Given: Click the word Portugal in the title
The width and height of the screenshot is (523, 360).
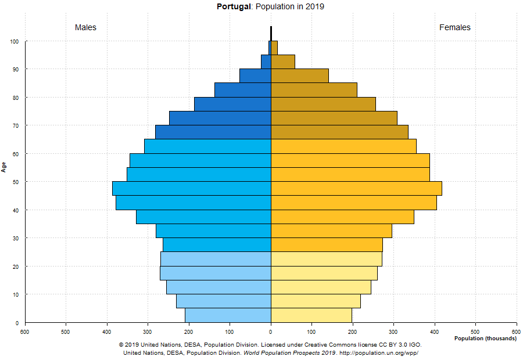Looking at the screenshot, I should coord(234,7).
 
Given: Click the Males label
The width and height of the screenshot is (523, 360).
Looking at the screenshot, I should coord(85,27).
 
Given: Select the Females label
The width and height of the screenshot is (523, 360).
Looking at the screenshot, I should coord(455,27).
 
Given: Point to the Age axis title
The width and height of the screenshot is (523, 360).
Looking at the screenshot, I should coord(4,167).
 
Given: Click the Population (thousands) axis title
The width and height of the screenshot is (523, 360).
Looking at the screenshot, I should coord(485,339).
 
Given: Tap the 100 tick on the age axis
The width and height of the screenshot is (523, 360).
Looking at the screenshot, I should coord(14,42).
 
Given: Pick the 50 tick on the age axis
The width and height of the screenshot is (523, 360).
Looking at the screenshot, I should coord(16,182).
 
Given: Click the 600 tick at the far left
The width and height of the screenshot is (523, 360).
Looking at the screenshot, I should coord(25,332).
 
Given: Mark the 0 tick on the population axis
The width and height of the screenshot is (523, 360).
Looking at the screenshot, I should coord(271,332).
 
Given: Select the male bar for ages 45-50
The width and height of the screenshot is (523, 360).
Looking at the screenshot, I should coord(192,189).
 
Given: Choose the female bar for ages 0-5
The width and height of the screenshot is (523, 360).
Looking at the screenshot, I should coord(311,315).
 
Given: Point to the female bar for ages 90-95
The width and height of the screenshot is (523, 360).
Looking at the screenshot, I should coord(283,62).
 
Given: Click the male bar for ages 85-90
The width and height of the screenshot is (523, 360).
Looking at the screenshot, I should coord(255,75).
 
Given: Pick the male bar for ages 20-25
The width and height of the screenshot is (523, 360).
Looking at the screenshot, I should coord(216,259).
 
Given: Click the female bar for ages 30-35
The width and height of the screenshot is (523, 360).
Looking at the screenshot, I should coord(331,231).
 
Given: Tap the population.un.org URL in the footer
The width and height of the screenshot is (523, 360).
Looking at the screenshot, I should coord(378,352).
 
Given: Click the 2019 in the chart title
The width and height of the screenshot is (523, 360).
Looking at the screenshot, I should coord(314,7).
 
